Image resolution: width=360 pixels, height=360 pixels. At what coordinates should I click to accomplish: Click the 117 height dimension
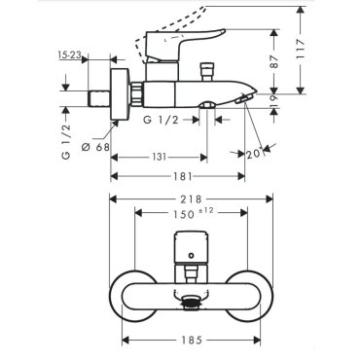[301, 49]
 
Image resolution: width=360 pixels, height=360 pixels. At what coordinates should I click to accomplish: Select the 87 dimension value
[275, 61]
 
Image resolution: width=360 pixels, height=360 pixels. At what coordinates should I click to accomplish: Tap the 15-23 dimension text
[70, 55]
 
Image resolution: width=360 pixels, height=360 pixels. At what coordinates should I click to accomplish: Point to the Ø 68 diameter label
[95, 148]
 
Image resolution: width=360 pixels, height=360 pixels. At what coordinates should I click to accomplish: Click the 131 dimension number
[160, 158]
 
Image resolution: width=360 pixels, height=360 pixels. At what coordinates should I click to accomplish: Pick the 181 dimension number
[183, 177]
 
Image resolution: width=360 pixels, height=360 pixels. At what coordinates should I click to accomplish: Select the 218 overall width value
[192, 198]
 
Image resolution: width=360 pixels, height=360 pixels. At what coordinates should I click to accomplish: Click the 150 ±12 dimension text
[193, 213]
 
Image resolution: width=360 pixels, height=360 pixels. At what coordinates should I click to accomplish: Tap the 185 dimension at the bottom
[191, 341]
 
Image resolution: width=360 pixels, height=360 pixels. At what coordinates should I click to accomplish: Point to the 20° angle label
[254, 154]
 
